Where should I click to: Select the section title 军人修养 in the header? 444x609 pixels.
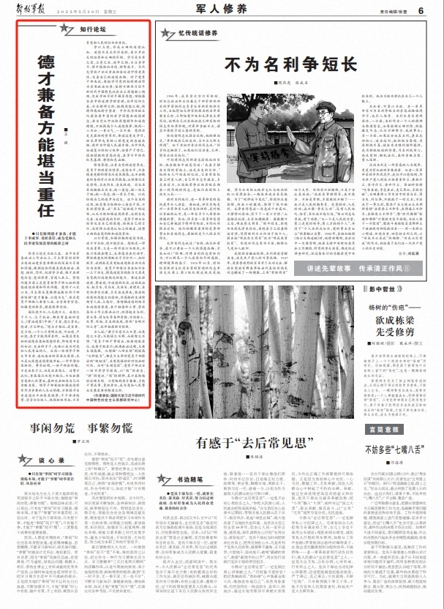220,10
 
